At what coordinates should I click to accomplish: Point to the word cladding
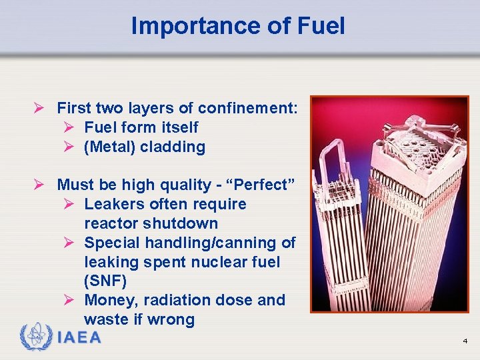click(x=173, y=147)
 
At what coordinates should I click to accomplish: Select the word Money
click(x=109, y=300)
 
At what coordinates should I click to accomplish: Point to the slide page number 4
click(x=465, y=341)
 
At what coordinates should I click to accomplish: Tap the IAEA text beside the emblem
click(x=79, y=337)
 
